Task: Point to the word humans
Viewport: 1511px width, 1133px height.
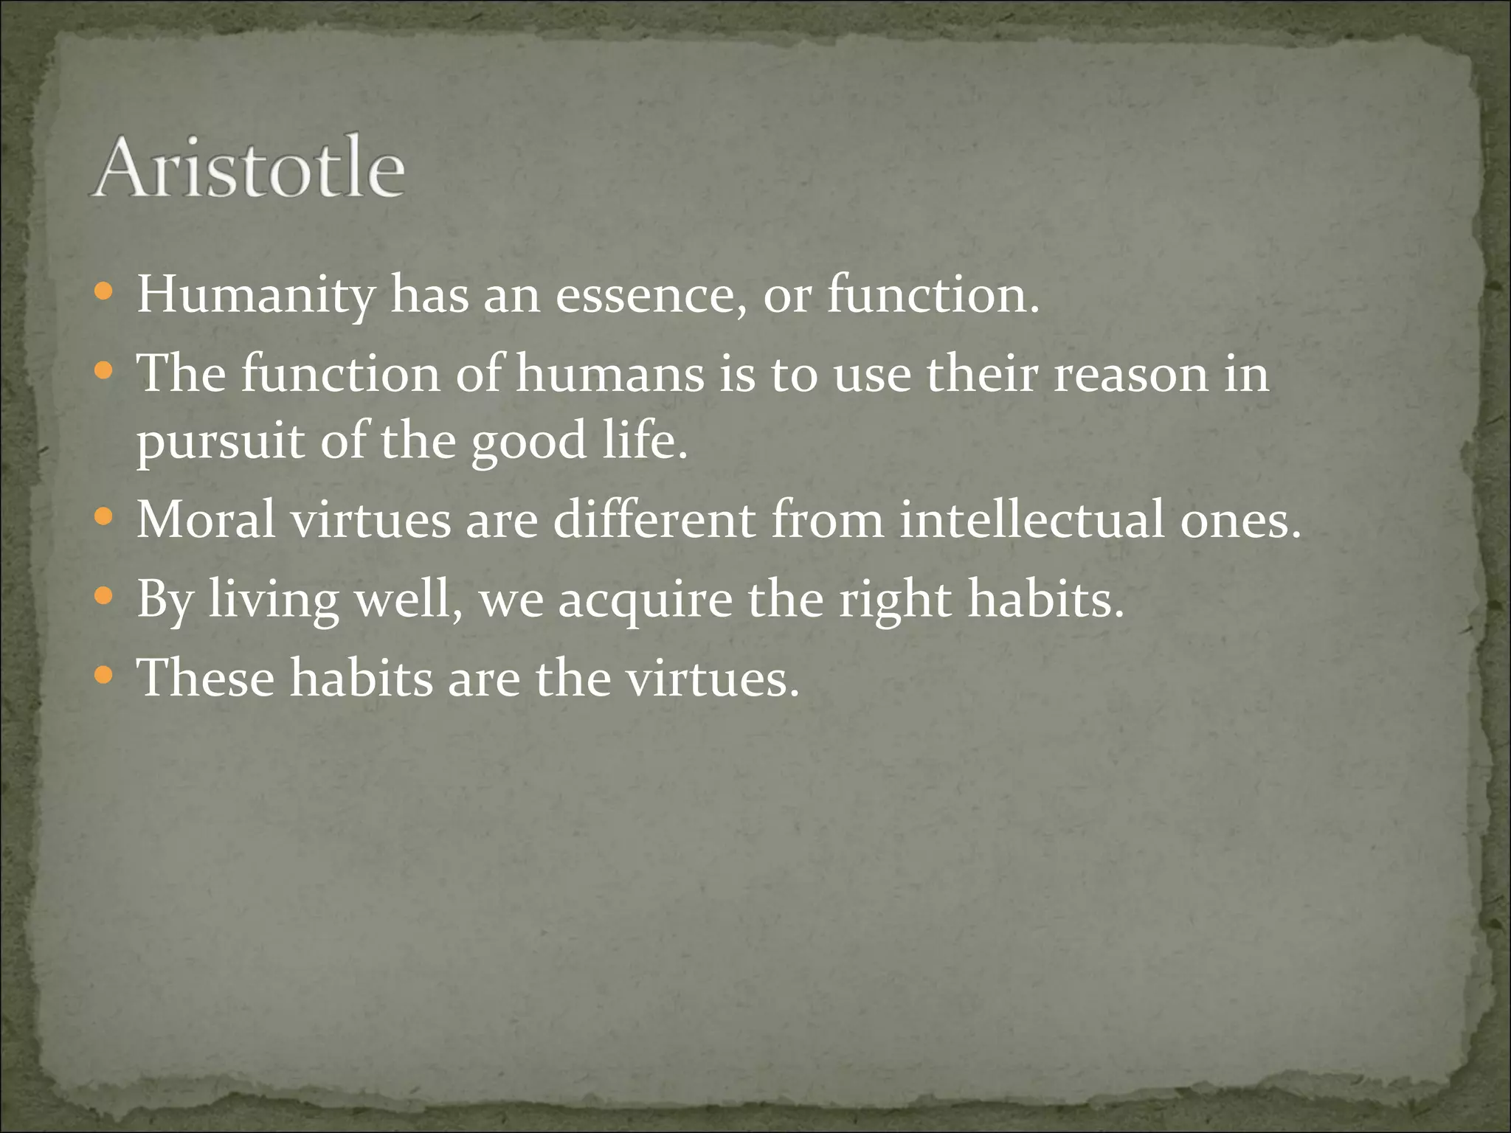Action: [x=609, y=373]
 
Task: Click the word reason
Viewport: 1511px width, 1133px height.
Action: [x=1130, y=373]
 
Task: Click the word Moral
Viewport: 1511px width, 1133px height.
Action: [x=206, y=519]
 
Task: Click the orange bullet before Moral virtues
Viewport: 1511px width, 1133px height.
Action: [x=104, y=517]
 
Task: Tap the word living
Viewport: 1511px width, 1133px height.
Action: [x=274, y=599]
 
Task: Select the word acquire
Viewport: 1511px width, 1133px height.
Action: [x=645, y=599]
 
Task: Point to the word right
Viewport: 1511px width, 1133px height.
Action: [x=895, y=599]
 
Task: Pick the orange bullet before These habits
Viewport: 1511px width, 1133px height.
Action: [x=104, y=674]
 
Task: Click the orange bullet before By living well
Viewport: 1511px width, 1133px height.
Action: [x=104, y=595]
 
